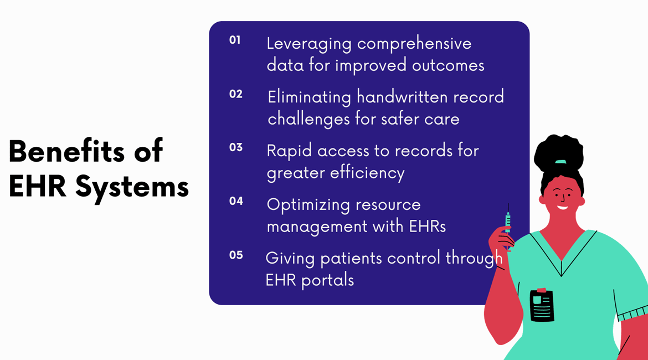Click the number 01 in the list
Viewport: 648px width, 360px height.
pyautogui.click(x=235, y=40)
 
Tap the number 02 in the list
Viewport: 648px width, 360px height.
pyautogui.click(x=235, y=94)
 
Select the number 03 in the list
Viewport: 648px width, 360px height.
pyautogui.click(x=235, y=147)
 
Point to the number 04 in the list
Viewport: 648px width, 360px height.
pyautogui.click(x=236, y=201)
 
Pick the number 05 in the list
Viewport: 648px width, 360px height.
pyautogui.click(x=236, y=255)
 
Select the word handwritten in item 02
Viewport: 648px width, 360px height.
pyautogui.click(x=402, y=97)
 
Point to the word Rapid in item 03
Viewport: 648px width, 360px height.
pyautogui.click(x=289, y=152)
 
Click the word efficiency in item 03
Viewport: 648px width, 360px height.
pyautogui.click(x=367, y=173)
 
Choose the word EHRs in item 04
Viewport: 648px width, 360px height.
pyautogui.click(x=428, y=227)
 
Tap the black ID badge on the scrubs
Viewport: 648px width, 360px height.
pyautogui.click(x=542, y=305)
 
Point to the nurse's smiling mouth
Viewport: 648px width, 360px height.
pyautogui.click(x=563, y=207)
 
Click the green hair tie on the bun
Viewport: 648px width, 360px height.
pyautogui.click(x=560, y=162)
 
